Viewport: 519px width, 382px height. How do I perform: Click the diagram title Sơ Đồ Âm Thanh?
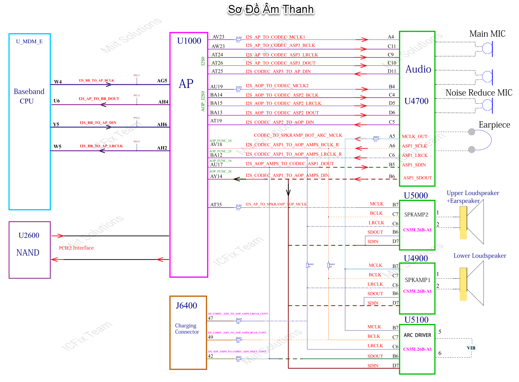[270, 10]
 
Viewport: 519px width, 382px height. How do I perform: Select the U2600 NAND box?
[29, 250]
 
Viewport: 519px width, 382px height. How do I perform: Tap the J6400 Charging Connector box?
[188, 333]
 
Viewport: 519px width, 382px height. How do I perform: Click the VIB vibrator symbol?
[471, 348]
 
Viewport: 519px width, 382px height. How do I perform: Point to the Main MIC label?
[487, 34]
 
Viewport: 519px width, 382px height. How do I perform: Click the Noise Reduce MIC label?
[479, 93]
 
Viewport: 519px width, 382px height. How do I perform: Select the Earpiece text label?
[494, 125]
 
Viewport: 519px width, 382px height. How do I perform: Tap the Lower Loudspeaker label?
[480, 256]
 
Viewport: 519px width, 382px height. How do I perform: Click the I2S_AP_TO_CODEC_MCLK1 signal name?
[275, 37]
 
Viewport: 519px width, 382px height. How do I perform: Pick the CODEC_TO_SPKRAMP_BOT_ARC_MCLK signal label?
[298, 135]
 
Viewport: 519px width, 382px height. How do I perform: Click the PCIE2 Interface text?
[76, 248]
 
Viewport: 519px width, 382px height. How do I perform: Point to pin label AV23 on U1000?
[218, 37]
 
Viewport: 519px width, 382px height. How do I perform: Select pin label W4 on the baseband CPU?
[58, 82]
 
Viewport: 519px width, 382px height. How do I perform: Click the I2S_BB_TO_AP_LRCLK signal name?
[101, 146]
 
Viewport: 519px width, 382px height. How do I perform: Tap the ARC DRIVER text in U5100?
[417, 335]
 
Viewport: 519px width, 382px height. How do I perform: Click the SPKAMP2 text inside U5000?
[416, 214]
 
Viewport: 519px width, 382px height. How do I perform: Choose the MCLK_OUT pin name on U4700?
[414, 136]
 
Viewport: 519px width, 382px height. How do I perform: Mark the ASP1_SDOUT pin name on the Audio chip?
[417, 178]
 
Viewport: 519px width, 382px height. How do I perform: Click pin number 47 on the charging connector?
[211, 318]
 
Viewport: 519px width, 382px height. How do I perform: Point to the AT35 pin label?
[216, 205]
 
